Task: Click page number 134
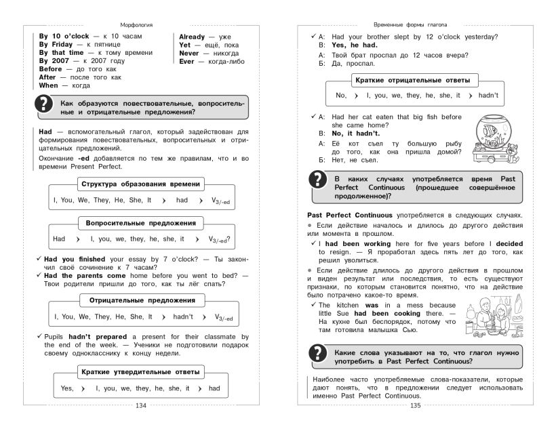(x=140, y=405)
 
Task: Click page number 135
(x=416, y=405)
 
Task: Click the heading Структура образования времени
(x=140, y=184)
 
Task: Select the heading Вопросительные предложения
(x=140, y=222)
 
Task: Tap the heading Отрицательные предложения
(x=140, y=300)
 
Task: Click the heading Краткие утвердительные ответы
(x=140, y=372)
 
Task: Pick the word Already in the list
(x=194, y=36)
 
